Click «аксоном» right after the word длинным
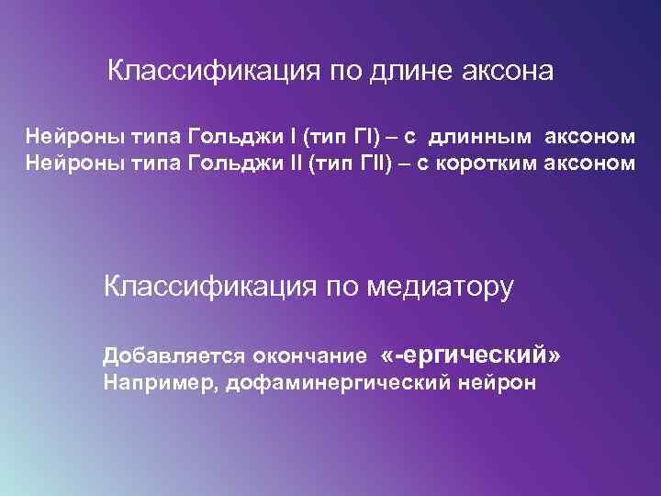pos(589,139)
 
